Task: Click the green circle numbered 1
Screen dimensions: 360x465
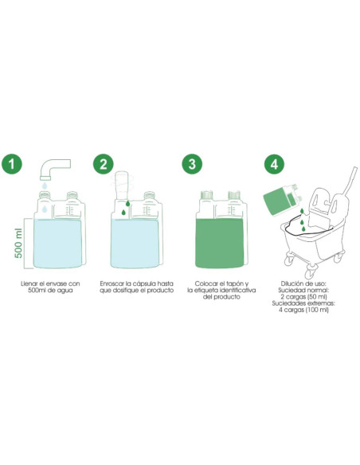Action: tap(12, 164)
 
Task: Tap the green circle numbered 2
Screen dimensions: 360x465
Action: tap(104, 164)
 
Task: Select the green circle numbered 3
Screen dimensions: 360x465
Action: tap(192, 164)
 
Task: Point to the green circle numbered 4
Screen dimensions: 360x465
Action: tap(274, 164)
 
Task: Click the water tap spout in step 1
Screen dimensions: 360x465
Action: tap(55, 169)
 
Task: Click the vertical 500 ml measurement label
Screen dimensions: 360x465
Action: tap(18, 243)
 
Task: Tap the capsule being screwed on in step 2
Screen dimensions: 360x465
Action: tap(121, 185)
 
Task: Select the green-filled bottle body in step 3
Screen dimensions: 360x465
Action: tap(221, 243)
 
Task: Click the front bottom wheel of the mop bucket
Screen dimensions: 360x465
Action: tap(311, 272)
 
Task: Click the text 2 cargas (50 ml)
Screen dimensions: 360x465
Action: tap(303, 297)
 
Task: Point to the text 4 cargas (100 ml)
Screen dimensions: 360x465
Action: tap(303, 310)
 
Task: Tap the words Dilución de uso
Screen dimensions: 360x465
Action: tap(303, 283)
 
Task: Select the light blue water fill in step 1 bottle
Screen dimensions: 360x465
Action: tap(57, 244)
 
